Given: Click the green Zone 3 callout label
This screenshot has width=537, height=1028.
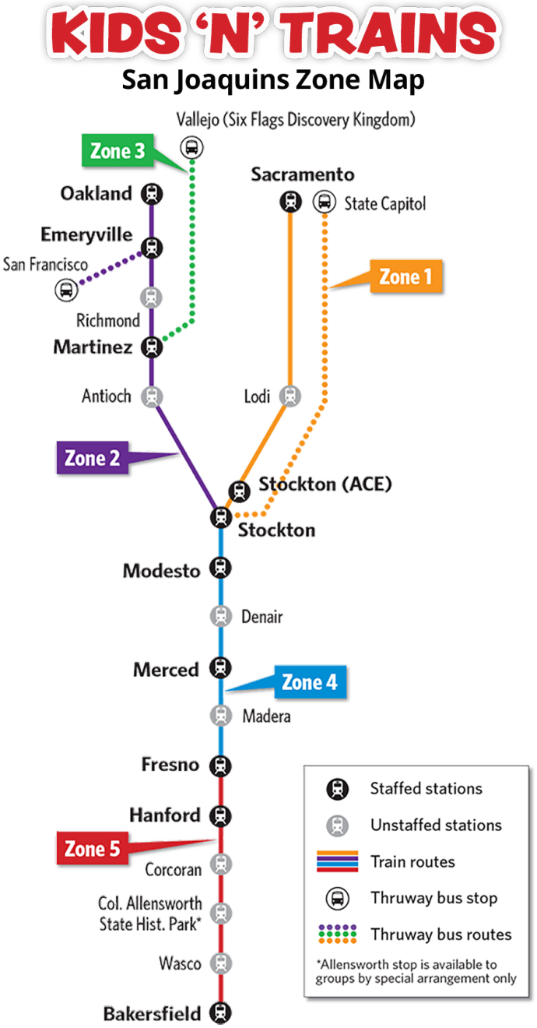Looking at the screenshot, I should coord(118,151).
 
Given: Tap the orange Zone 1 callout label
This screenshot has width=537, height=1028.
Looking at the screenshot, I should coord(405,276).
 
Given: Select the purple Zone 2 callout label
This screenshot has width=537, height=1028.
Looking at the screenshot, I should coord(92,458).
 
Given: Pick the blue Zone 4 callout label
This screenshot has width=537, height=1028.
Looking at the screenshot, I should coord(310,682).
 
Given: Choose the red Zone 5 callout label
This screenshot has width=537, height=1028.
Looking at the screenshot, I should coord(92,849).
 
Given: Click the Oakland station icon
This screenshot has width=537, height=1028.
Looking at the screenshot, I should coord(153,194).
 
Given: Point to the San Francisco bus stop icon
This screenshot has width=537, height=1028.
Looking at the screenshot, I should coord(66,290).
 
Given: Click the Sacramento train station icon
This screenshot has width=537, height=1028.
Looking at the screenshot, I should coord(290,202).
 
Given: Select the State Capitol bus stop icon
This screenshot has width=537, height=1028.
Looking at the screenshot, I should coord(324,202).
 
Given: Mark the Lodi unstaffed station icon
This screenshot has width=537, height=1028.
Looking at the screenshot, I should coord(290,396).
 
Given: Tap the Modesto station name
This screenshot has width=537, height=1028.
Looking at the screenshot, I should coord(162,571).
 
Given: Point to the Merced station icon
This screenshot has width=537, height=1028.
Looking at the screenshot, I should coord(221,667).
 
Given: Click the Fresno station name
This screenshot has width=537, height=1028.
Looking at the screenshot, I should coord(170,765).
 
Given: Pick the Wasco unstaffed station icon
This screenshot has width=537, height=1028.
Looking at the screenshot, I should coord(221,963).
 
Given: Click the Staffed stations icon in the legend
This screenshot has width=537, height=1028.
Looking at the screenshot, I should coord(337,789).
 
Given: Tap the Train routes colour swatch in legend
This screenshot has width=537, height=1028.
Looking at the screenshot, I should coord(337,861).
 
